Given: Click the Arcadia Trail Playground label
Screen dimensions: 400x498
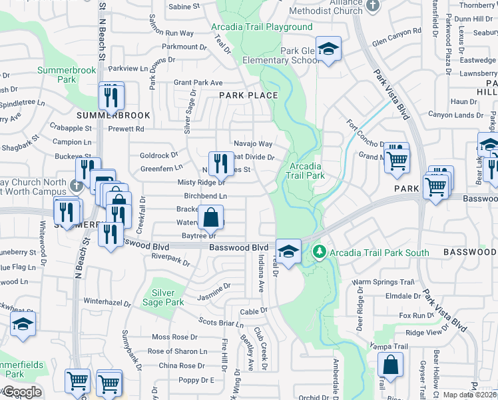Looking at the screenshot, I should [x=262, y=27].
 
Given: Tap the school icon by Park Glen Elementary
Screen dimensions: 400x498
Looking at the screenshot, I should [x=328, y=49].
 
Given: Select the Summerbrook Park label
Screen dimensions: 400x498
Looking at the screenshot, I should [x=57, y=74].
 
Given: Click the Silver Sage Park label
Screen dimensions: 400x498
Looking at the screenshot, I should [x=167, y=297].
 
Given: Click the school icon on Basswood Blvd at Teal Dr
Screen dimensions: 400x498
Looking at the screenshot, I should [x=288, y=251].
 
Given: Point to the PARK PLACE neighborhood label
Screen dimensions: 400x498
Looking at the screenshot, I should [x=248, y=95].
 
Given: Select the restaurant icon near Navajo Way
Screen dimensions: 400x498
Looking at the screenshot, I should [x=221, y=163].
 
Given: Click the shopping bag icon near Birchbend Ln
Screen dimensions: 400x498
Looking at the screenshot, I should [x=210, y=217].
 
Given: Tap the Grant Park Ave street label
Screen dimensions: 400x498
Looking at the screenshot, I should [x=198, y=83].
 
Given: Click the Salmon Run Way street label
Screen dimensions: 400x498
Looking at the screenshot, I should [x=171, y=33].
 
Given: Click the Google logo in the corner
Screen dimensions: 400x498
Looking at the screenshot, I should [x=21, y=392].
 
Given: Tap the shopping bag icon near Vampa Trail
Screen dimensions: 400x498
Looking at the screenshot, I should [x=390, y=365].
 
